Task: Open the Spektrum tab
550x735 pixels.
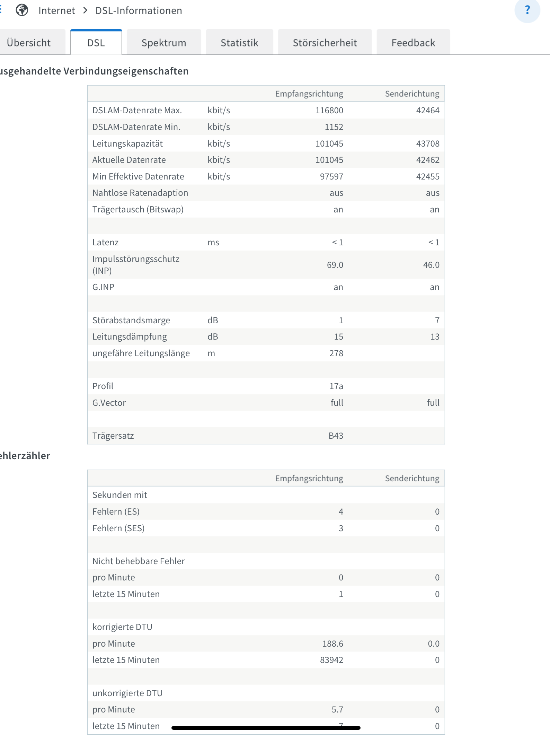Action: tap(164, 43)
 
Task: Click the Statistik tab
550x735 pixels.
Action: tap(239, 43)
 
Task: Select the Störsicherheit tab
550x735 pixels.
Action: tap(325, 43)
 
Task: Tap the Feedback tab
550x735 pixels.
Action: tap(413, 43)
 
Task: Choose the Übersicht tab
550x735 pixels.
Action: tap(29, 43)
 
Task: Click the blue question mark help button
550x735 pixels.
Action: tap(527, 10)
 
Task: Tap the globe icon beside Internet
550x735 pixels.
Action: tap(22, 10)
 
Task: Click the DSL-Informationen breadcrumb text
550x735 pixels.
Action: tap(139, 11)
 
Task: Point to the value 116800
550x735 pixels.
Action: tap(329, 110)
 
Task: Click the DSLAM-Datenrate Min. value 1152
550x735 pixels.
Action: tap(334, 127)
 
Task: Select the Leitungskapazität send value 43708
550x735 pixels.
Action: tap(427, 143)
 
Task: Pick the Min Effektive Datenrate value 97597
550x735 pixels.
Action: tap(331, 176)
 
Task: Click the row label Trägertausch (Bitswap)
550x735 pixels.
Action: tap(138, 209)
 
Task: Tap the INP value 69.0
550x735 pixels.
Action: tap(335, 265)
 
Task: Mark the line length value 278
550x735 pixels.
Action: tap(336, 353)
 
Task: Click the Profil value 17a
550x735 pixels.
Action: tap(336, 386)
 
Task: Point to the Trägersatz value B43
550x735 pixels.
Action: tap(336, 436)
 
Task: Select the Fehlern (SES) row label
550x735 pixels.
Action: tap(118, 528)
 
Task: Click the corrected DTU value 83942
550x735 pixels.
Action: tap(331, 660)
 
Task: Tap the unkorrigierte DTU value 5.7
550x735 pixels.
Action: tap(337, 709)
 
